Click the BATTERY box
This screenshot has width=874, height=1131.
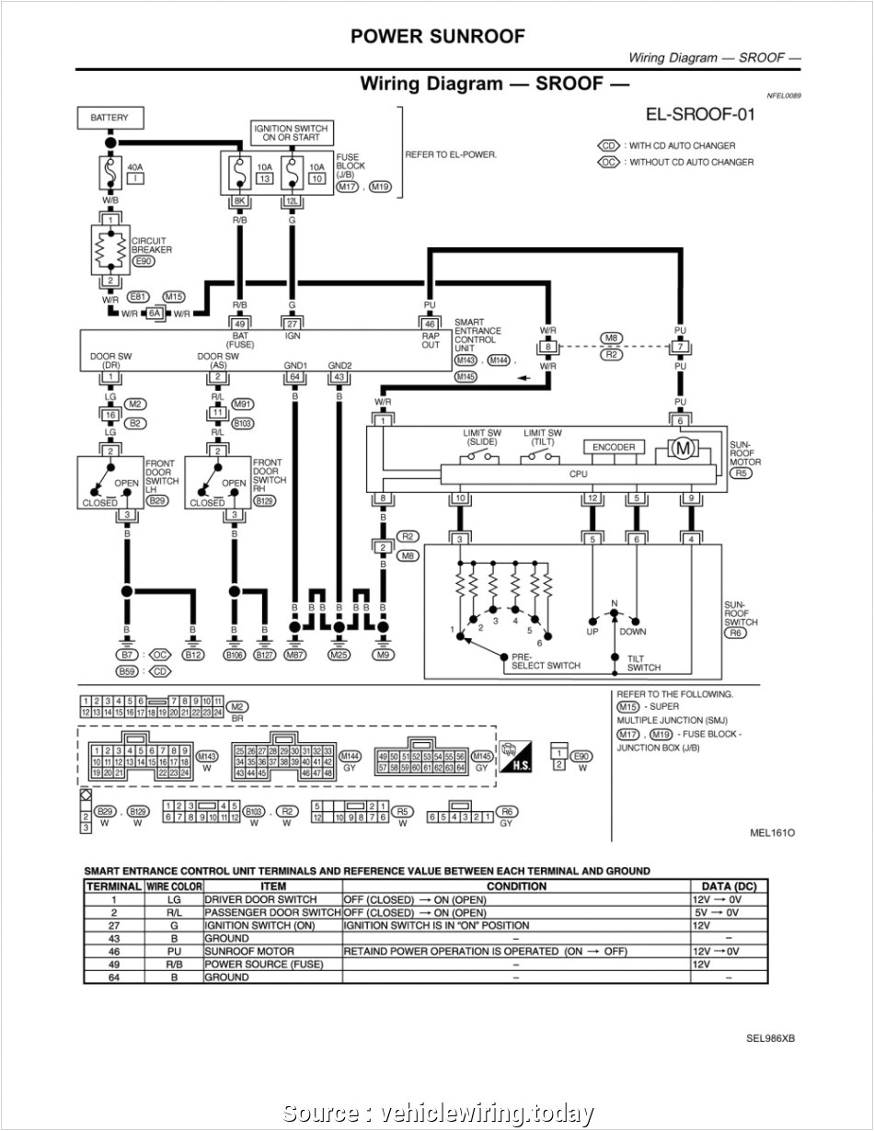(x=109, y=118)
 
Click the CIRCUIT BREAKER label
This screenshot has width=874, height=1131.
(x=150, y=246)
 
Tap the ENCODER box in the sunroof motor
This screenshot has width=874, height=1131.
(x=614, y=447)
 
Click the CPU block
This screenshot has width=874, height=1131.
(x=578, y=474)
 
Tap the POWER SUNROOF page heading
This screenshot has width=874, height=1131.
(x=437, y=37)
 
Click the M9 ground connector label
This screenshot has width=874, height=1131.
(x=384, y=655)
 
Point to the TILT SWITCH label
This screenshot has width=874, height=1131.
(x=644, y=662)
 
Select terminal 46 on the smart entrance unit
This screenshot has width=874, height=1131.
(x=429, y=323)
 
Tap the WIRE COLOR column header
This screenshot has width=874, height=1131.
(x=173, y=886)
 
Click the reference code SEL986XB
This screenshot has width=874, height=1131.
(x=771, y=1038)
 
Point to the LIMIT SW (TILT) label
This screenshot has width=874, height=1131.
(x=542, y=437)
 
